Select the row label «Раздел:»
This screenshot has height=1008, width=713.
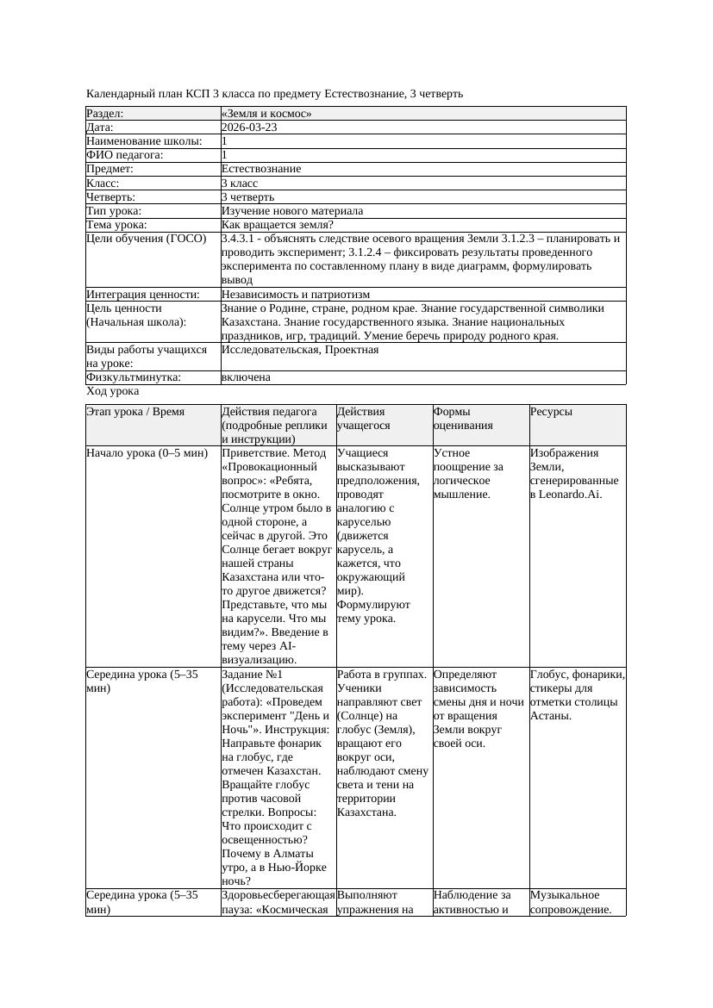(105, 114)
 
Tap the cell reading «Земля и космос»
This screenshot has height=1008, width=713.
(266, 114)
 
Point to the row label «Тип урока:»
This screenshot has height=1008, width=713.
(114, 211)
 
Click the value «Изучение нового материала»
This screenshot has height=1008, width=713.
(292, 211)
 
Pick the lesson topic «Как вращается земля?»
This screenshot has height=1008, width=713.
(277, 225)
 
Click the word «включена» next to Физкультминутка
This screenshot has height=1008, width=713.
(246, 377)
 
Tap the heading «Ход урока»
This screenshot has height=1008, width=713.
(112, 391)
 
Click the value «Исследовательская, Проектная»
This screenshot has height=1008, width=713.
(299, 350)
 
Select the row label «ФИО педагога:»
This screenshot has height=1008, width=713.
(125, 155)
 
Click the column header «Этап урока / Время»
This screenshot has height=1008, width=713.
(135, 413)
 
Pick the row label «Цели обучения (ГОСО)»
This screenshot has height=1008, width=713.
(147, 239)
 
